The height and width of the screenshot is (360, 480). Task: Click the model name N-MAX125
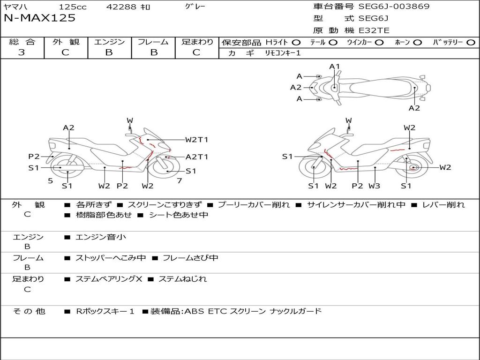tap(39, 18)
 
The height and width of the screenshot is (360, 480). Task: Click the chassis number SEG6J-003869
tap(394, 7)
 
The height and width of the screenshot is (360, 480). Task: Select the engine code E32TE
tap(374, 31)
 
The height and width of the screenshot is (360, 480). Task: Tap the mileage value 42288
tap(121, 7)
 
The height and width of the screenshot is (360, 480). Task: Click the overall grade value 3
tap(22, 52)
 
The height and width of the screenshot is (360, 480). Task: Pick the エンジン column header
tap(110, 42)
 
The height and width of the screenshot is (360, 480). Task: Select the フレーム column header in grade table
tap(153, 42)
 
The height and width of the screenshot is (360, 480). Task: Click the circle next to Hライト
tap(296, 43)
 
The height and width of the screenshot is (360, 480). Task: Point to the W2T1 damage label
tap(196, 140)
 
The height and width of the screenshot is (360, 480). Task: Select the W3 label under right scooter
tap(374, 186)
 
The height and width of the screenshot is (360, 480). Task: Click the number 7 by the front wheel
tap(179, 180)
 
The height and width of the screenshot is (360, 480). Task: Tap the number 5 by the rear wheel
tap(50, 180)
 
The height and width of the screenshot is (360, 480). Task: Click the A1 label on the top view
tap(335, 67)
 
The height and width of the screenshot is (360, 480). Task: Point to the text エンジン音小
tap(101, 237)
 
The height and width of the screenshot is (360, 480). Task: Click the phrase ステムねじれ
tap(182, 279)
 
